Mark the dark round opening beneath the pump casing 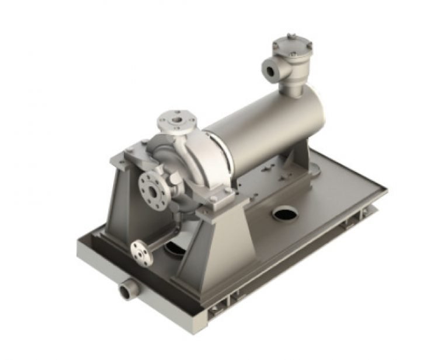click(x=176, y=250)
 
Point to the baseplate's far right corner click(x=386, y=190)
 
